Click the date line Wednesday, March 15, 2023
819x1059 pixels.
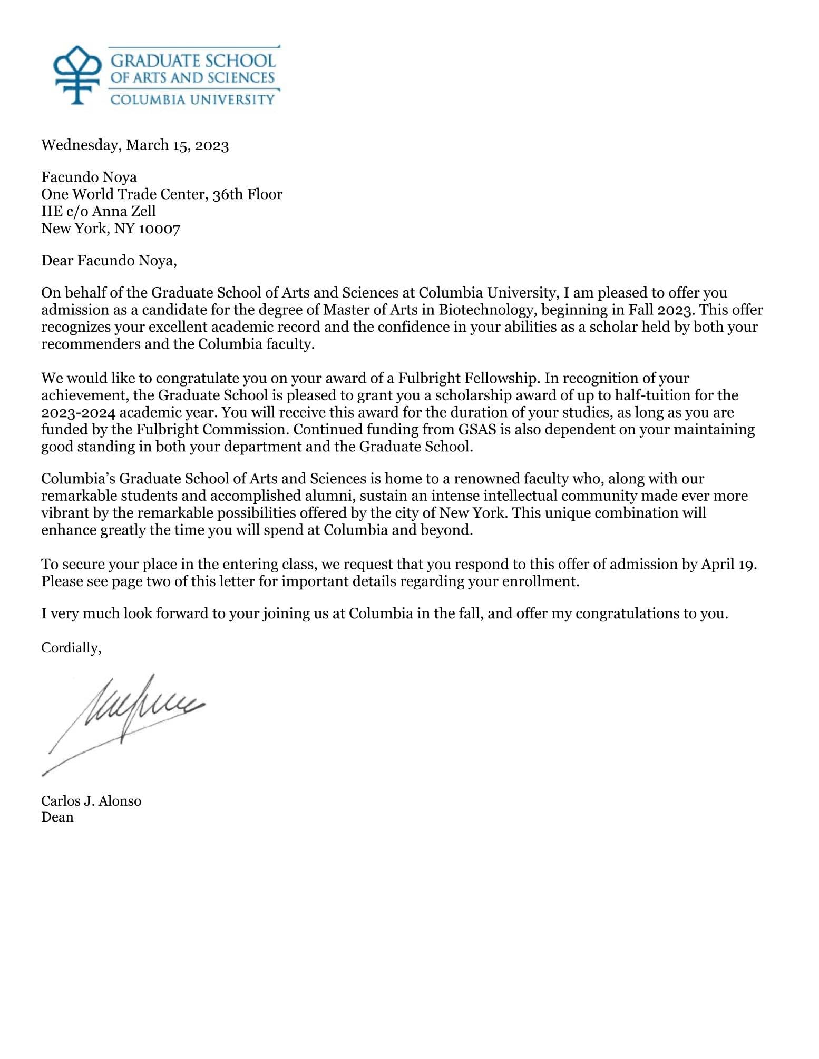pos(135,145)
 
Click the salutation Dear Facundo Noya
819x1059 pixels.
pos(109,261)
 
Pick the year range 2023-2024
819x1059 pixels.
pos(78,412)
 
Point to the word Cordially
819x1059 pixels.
pos(71,648)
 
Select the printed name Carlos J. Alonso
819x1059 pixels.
pos(91,801)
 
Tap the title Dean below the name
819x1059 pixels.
pos(57,817)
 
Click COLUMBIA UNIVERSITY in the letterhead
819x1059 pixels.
pos(192,99)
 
